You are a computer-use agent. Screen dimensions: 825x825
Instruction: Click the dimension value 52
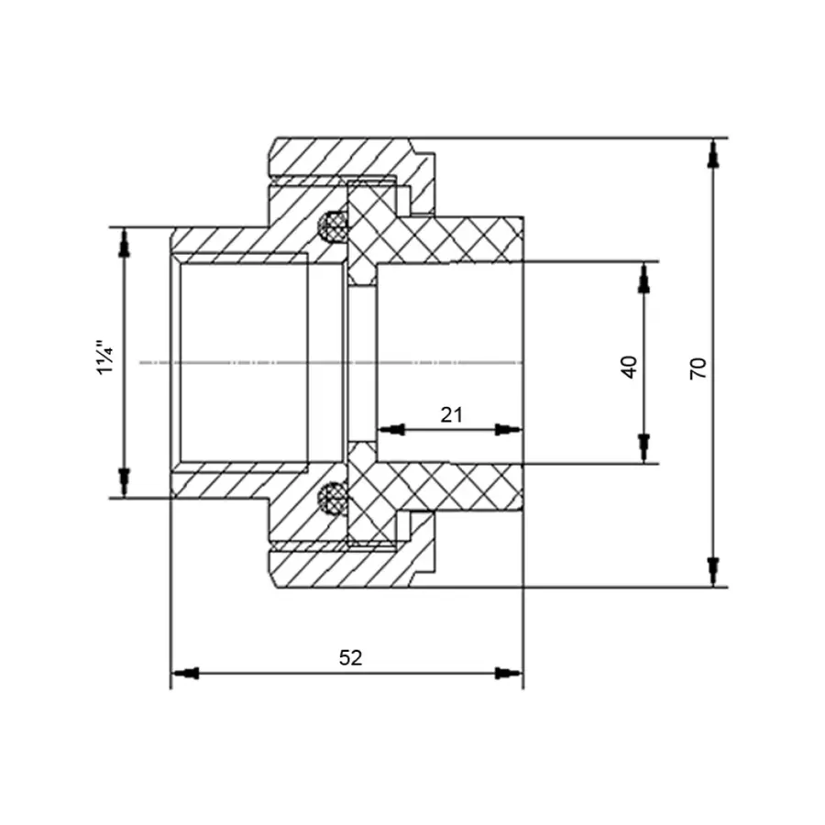[350, 657]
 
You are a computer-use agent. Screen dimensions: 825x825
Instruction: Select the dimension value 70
[698, 368]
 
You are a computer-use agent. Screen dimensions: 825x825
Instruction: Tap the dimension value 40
[629, 367]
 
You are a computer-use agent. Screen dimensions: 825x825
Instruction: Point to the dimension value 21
[451, 415]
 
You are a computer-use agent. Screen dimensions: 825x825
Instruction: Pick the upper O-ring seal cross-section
[333, 227]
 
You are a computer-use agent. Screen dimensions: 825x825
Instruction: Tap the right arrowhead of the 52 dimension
[508, 673]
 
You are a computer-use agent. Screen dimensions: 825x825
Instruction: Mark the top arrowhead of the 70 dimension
[713, 154]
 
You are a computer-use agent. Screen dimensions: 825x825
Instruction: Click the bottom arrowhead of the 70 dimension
[713, 572]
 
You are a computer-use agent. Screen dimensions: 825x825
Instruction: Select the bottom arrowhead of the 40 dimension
[643, 448]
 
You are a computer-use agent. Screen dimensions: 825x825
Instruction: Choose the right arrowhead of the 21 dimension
[508, 429]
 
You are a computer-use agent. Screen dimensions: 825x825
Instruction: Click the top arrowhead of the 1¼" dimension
[124, 243]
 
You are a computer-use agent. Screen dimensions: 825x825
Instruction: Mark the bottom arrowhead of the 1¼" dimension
[124, 482]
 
